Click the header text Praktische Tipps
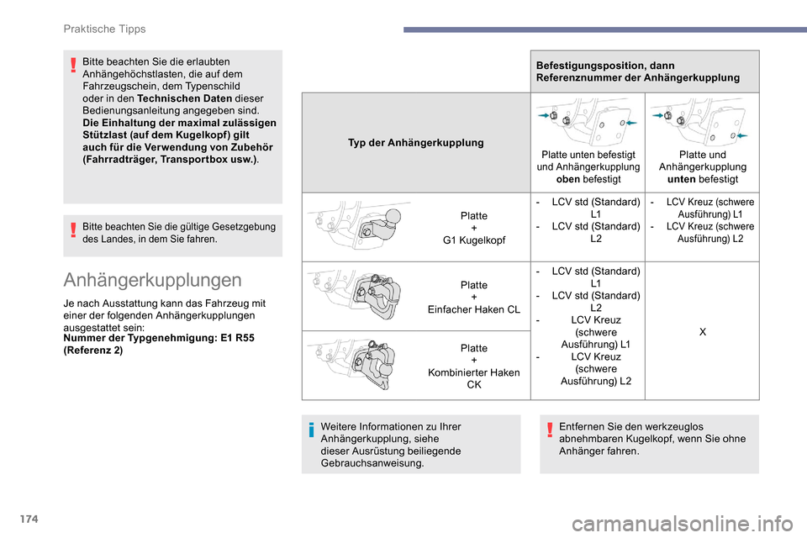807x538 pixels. click(104, 29)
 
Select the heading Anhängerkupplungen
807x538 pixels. click(153, 279)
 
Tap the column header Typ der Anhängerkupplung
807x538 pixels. click(416, 143)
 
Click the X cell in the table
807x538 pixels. click(702, 332)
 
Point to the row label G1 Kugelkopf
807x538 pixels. click(474, 241)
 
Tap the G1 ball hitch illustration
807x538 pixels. click(364, 229)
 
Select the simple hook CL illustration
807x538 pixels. click(364, 296)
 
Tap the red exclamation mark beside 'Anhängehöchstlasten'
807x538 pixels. click(74, 65)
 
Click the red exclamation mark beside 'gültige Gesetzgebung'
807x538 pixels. click(74, 229)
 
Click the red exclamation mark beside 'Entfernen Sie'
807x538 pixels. click(550, 430)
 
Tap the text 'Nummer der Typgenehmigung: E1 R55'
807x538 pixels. click(159, 337)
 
